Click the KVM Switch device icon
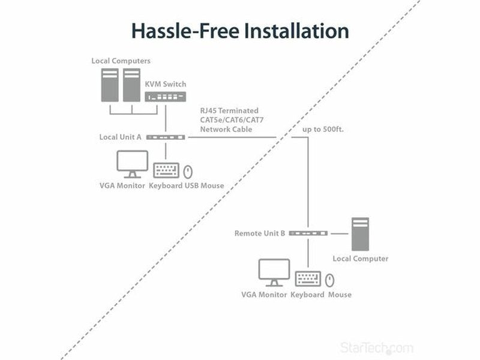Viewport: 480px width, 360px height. tap(166, 97)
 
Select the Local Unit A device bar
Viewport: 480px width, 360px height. tap(166, 137)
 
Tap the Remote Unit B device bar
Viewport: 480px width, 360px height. tap(308, 233)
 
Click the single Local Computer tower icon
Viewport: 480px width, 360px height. tap(361, 234)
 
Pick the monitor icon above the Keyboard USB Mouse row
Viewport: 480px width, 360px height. tap(132, 164)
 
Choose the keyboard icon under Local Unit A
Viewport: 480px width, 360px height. tap(166, 170)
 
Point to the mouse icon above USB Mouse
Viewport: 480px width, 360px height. tap(188, 172)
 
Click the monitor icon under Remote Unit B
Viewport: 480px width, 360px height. tap(274, 273)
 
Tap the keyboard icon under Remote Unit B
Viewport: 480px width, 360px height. tap(308, 279)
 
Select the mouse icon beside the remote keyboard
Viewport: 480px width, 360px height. tap(329, 280)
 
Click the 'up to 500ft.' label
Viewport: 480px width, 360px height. tap(323, 130)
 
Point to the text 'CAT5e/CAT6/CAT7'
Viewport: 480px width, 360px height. tap(232, 119)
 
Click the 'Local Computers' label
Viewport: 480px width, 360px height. tap(121, 61)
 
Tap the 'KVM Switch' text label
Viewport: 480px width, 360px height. tap(166, 84)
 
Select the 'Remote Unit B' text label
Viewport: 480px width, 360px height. tap(260, 233)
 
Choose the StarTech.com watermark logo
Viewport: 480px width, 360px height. tap(377, 348)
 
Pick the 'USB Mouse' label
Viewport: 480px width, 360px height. tap(204, 185)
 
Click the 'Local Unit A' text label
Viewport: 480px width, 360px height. tap(121, 137)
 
